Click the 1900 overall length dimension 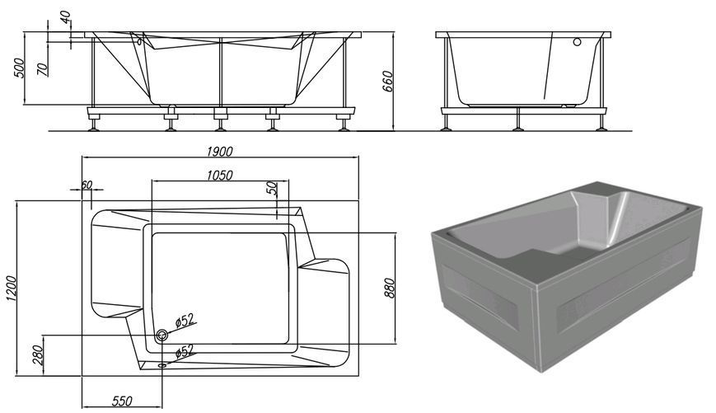(x=220, y=151)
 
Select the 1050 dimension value (x=220, y=175)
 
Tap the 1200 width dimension (x=11, y=289)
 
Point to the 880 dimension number (x=389, y=288)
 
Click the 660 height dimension (x=387, y=82)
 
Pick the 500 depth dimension (x=19, y=68)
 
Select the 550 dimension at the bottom (x=122, y=401)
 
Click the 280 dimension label (x=38, y=354)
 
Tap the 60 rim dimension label (x=87, y=185)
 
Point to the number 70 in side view (x=42, y=69)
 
